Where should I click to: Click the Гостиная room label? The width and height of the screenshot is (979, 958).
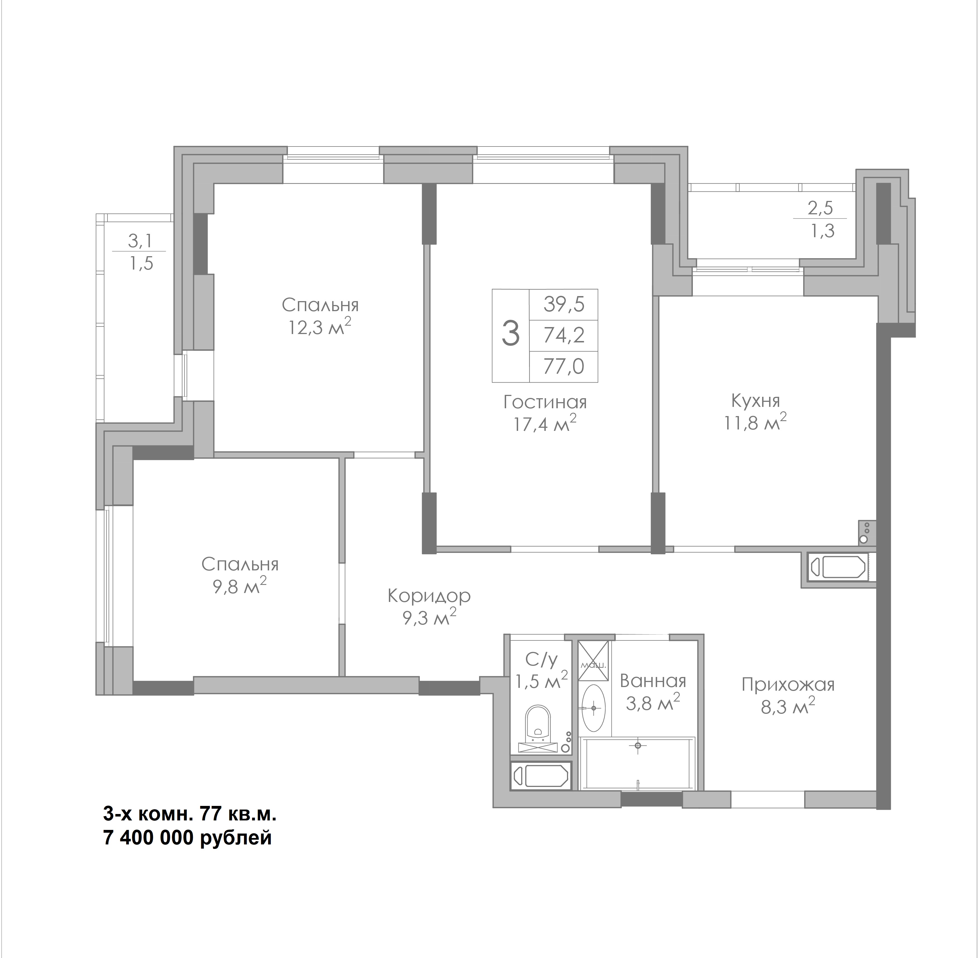pyautogui.click(x=545, y=402)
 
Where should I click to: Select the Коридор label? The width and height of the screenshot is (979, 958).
pyautogui.click(x=429, y=596)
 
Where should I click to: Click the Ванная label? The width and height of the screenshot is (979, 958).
pyautogui.click(x=653, y=681)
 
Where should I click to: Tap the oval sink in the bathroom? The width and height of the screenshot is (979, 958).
pyautogui.click(x=594, y=708)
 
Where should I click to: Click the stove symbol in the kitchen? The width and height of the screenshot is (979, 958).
pyautogui.click(x=867, y=533)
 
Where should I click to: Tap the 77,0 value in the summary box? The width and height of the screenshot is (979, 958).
pyautogui.click(x=564, y=366)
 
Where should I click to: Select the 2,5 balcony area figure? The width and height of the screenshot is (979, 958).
pyautogui.click(x=820, y=208)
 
